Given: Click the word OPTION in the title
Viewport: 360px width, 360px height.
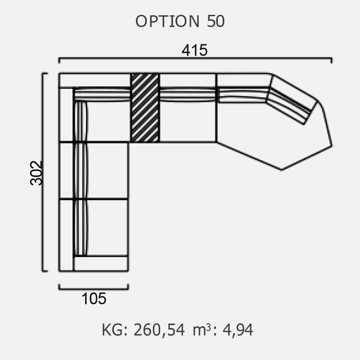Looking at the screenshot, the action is (x=167, y=21).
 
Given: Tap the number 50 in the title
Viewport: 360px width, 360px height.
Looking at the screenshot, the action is (x=215, y=21).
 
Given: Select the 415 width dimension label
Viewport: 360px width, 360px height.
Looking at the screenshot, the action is (x=194, y=50).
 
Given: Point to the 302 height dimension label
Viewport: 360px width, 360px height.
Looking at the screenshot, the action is (x=36, y=173).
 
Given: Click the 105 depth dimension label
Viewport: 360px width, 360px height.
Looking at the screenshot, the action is (x=94, y=298).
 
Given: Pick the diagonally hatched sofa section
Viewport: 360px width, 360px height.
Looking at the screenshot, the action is (x=145, y=107).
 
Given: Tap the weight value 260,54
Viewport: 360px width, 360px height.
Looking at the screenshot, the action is (x=159, y=330).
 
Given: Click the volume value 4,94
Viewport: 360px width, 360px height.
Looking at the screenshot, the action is (x=238, y=330).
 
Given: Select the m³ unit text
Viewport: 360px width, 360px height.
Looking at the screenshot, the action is (x=201, y=329).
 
